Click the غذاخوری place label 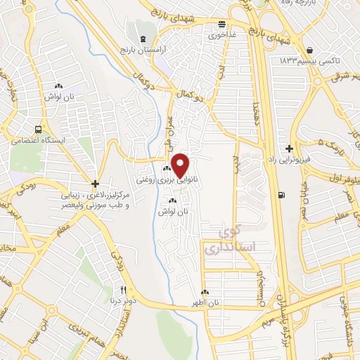tap(214, 34)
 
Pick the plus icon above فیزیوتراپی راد tap(289, 149)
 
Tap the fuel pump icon tap(282, 195)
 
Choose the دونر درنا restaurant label tap(119, 301)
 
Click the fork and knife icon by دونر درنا tap(124, 290)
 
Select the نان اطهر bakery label tap(207, 302)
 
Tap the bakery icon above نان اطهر tap(205, 292)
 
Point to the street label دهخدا tap(259, 112)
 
